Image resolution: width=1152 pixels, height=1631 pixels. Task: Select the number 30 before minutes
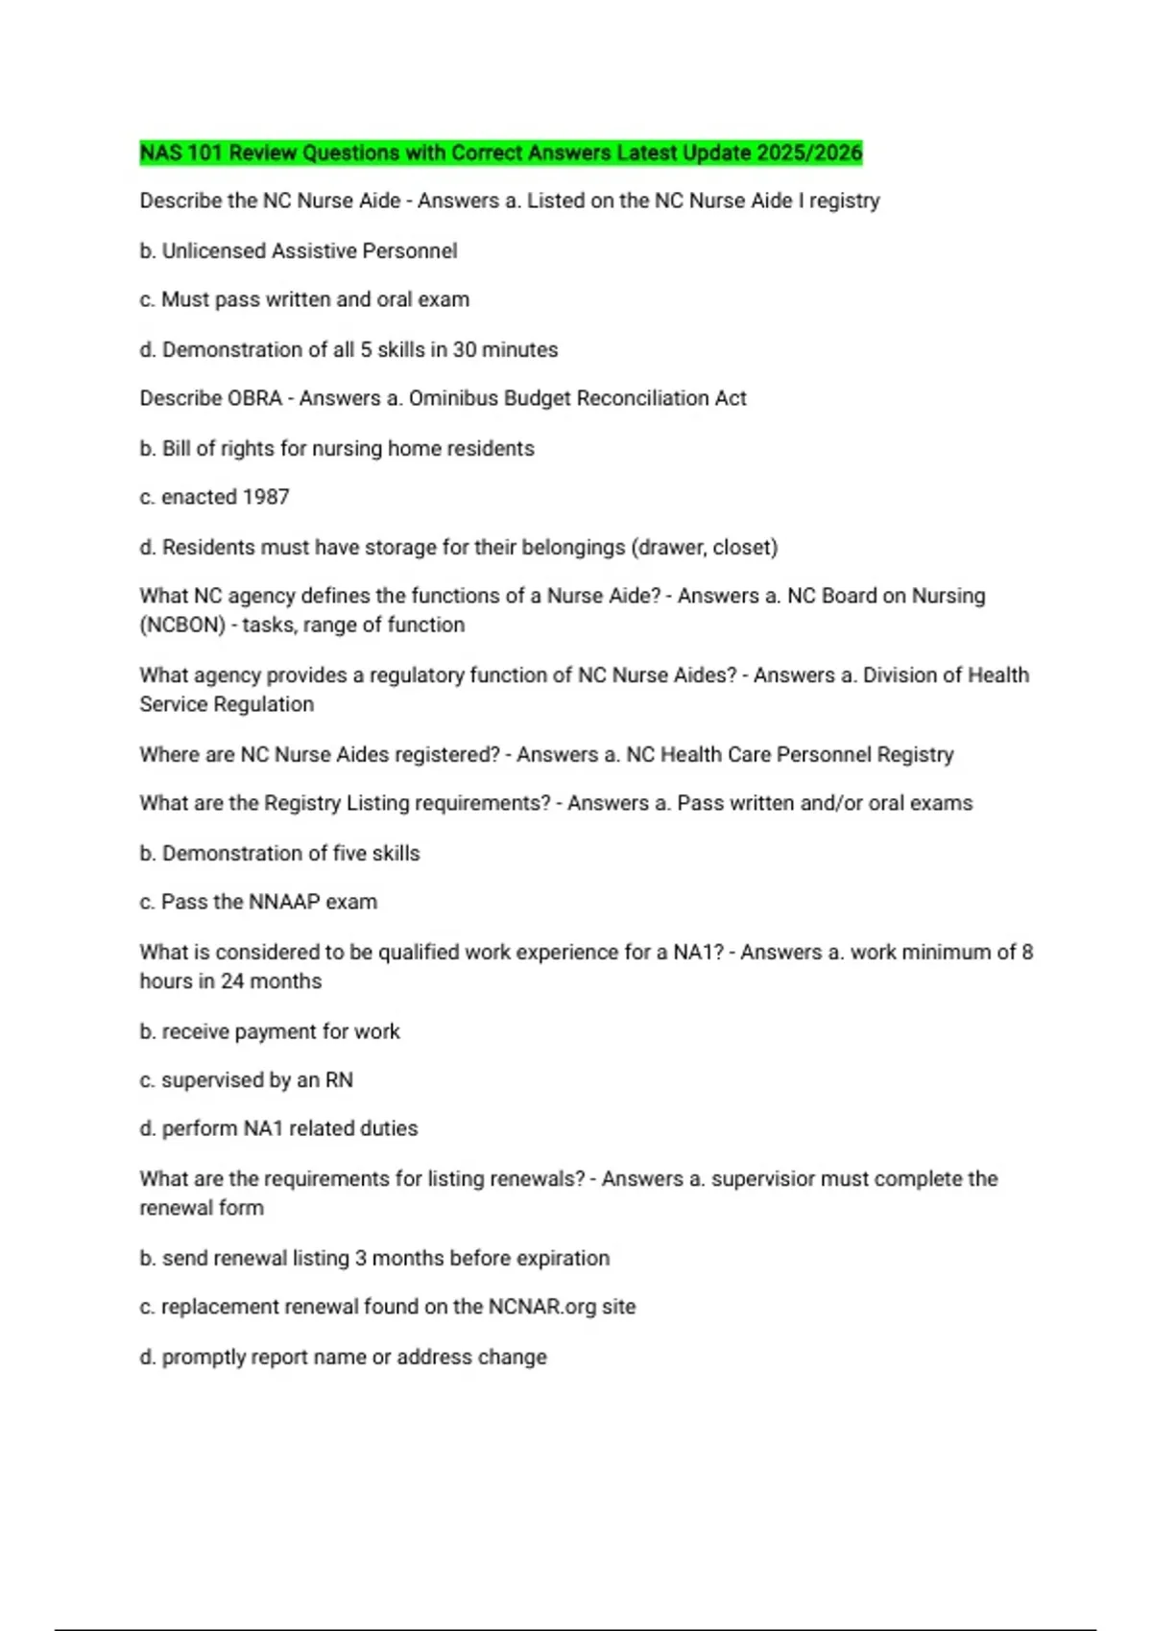click(x=465, y=349)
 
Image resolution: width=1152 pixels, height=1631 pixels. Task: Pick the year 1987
click(x=266, y=497)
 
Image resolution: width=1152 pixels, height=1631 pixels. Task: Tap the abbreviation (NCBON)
click(x=182, y=626)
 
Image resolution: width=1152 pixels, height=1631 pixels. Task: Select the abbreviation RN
click(x=339, y=1080)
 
